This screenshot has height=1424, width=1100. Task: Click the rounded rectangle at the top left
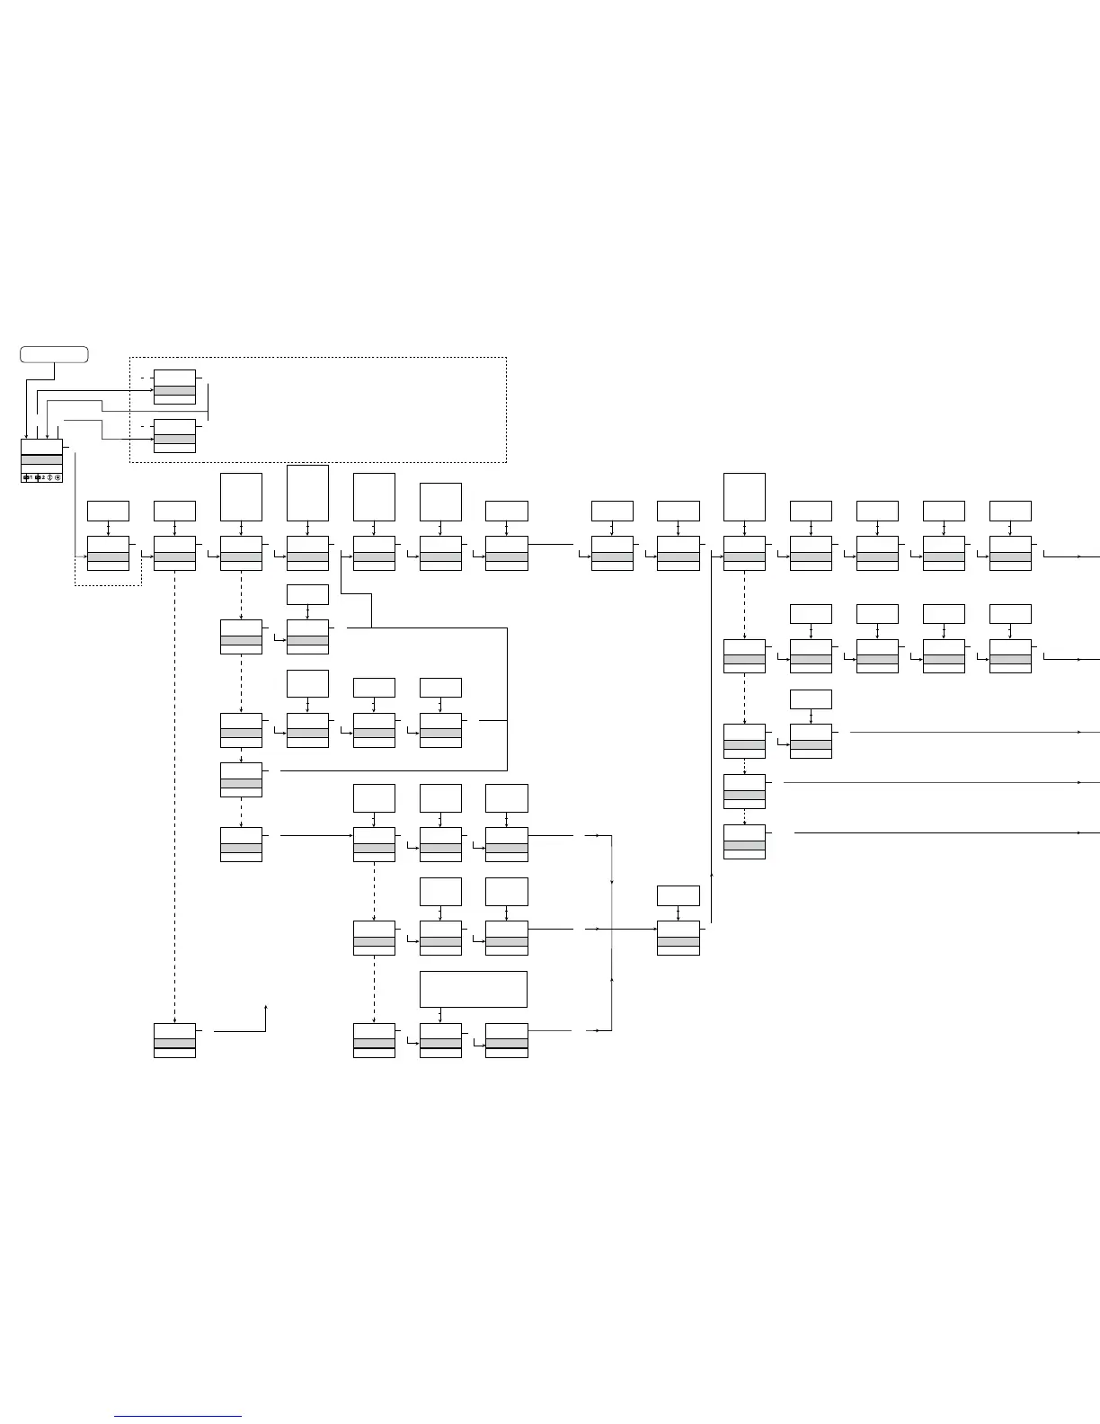(54, 354)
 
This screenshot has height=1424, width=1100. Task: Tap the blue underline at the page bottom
(178, 1417)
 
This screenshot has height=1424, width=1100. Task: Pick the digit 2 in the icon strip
(42, 477)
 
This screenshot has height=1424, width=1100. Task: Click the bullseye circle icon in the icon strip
(58, 477)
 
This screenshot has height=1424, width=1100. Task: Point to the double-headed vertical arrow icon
(49, 477)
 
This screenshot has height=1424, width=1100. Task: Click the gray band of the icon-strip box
(41, 459)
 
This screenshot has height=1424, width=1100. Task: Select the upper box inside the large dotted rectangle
(174, 387)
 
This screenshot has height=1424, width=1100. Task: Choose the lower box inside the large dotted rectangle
(174, 435)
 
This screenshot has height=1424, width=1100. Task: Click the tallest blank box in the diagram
(307, 493)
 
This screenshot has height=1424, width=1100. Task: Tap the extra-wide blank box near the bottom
(473, 989)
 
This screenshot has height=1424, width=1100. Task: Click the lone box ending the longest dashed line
(174, 1040)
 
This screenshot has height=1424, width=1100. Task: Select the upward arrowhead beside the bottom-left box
(266, 1008)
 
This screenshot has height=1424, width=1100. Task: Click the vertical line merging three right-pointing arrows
(611, 935)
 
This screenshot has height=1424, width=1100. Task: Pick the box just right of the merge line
(679, 938)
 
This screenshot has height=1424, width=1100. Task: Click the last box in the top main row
(1010, 553)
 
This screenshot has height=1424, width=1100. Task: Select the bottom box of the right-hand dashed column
(744, 841)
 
